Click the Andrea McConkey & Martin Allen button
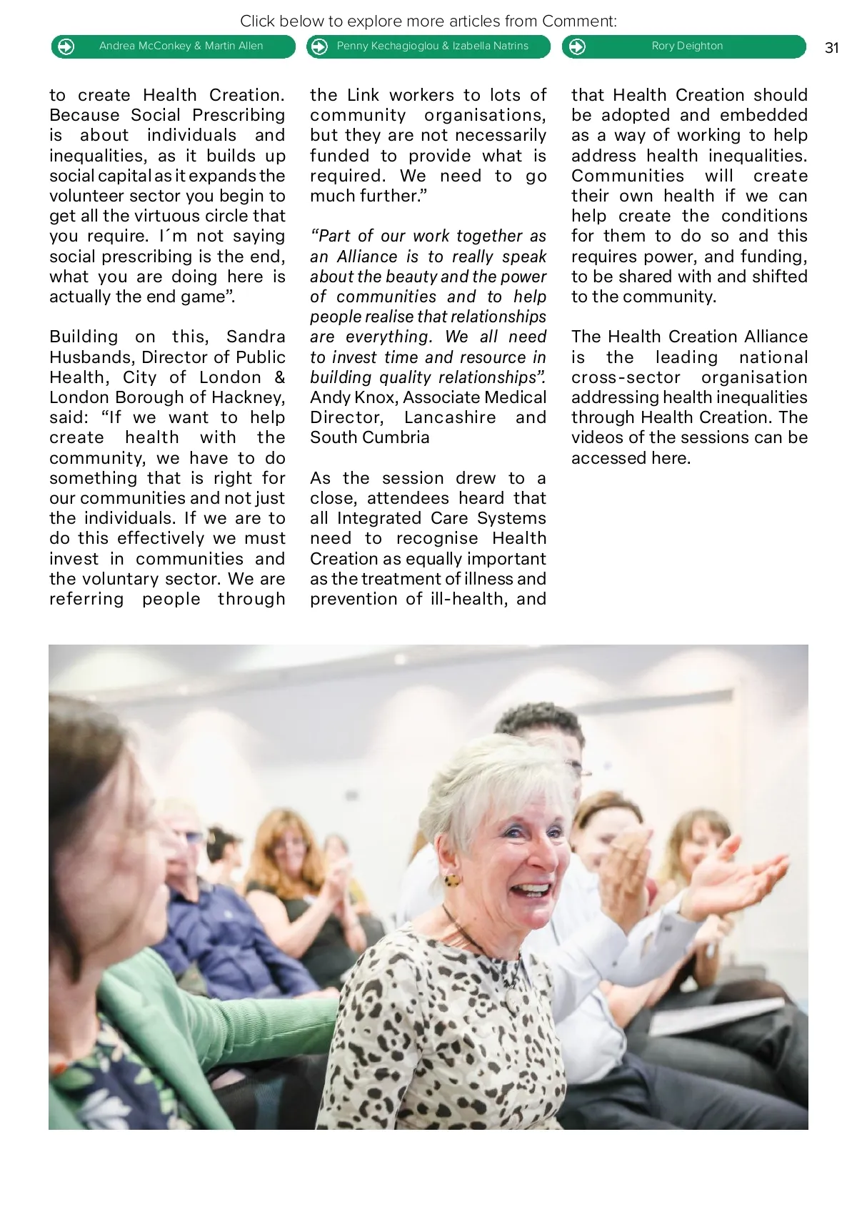174,46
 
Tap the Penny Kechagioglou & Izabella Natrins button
428,46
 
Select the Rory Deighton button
684,46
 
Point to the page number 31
831,48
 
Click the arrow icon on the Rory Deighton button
577,47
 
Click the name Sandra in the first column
255,337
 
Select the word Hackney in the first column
248,397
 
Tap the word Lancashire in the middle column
449,417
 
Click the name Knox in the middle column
376,397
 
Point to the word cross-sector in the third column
626,377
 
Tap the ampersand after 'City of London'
279,377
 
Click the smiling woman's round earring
452,880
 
